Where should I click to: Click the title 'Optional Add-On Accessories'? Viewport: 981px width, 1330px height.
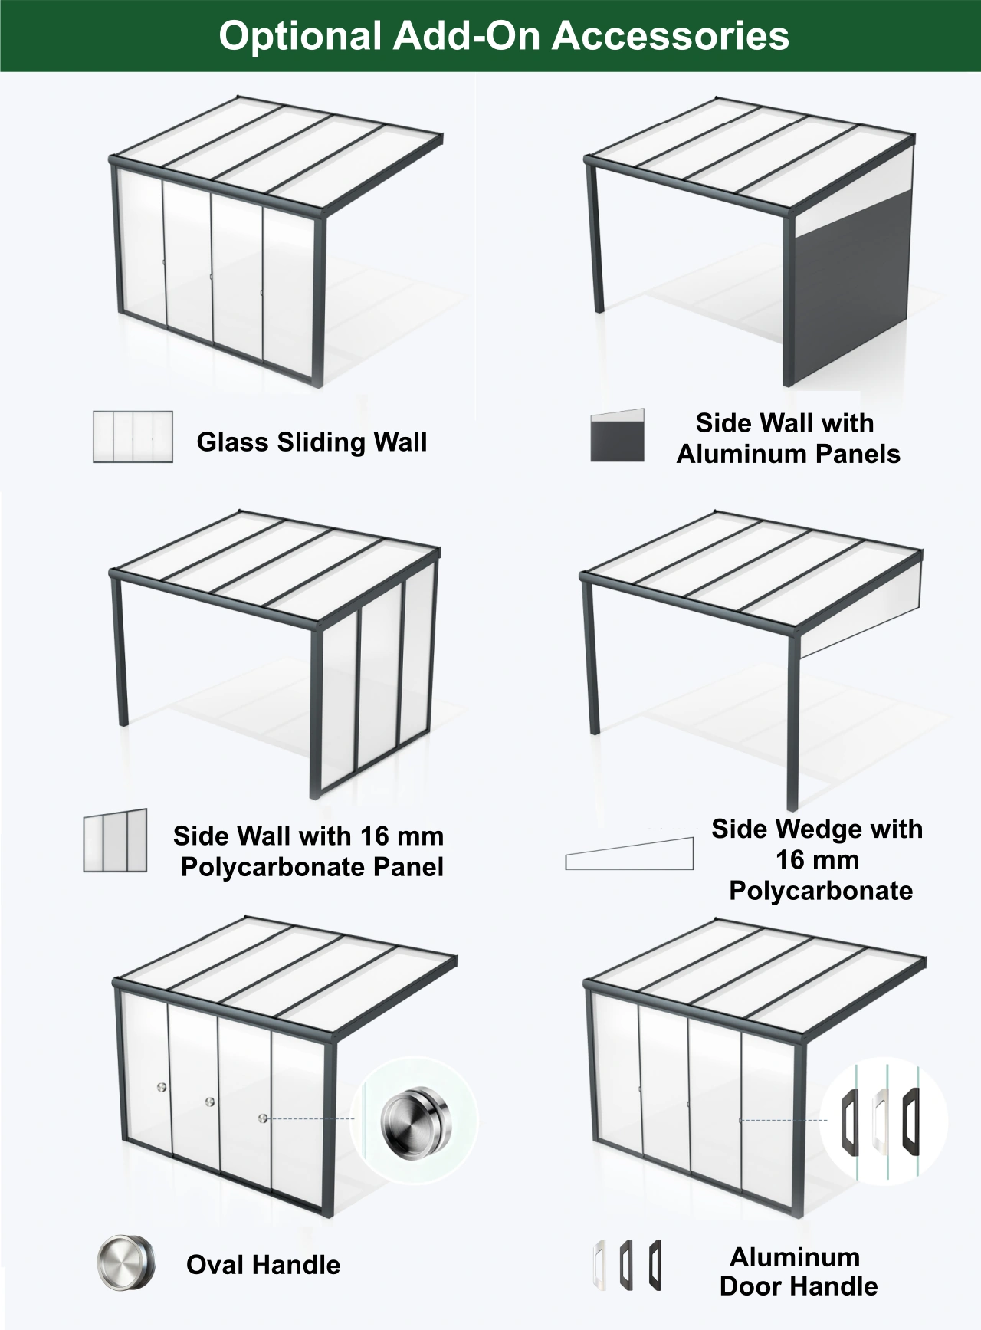[x=504, y=36]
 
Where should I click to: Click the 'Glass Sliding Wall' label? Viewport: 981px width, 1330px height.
[x=312, y=442]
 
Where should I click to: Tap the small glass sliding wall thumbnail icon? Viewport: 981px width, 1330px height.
[x=133, y=437]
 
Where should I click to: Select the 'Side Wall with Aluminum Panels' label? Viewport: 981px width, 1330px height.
[x=788, y=438]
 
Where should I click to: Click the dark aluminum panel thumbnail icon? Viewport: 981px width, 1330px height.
[x=617, y=435]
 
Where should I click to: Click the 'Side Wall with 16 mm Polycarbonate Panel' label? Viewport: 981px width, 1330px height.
[x=309, y=851]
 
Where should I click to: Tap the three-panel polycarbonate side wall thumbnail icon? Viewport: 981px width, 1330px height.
[x=115, y=841]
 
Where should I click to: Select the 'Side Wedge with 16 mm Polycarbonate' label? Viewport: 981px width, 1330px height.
[x=818, y=859]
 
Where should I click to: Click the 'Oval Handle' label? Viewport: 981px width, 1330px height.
[x=263, y=1264]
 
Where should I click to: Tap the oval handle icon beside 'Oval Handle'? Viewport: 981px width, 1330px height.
[x=126, y=1262]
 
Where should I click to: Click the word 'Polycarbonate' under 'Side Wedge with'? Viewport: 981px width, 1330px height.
[x=821, y=891]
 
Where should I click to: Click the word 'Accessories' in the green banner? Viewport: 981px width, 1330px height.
[x=671, y=36]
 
